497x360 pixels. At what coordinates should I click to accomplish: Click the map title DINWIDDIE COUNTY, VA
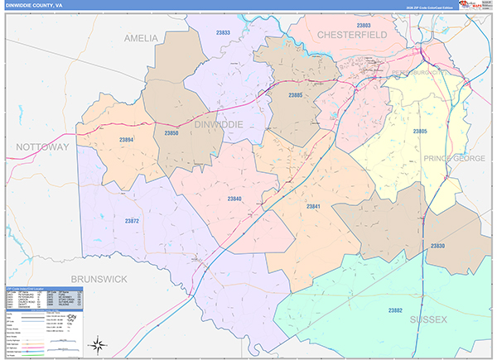[x=41, y=5]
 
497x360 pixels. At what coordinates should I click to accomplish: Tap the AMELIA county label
[x=140, y=38]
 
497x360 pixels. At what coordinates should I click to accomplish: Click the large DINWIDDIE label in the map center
[x=219, y=124]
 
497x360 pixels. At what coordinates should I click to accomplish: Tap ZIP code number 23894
[x=126, y=140]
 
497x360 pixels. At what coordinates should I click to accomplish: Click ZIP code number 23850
[x=171, y=132]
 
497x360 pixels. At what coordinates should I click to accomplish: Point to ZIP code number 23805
[x=421, y=132]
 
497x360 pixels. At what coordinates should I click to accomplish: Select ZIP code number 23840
[x=234, y=199]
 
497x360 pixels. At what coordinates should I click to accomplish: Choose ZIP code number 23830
[x=437, y=246]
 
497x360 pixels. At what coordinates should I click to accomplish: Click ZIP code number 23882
[x=396, y=310]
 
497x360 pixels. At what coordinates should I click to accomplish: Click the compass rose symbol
[x=98, y=343]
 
